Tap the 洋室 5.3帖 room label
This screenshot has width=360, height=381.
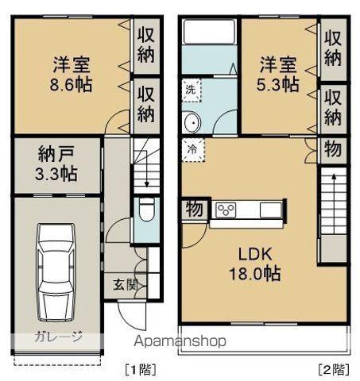278,71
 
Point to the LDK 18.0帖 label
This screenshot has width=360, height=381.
257,264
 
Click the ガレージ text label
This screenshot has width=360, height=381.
58,337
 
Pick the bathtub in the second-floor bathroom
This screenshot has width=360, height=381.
209,33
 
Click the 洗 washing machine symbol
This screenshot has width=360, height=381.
191,90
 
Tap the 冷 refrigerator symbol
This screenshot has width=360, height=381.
191,147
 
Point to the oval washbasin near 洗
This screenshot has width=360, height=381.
191,122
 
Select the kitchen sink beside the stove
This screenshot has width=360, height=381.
270,210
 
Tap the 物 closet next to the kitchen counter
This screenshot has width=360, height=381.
193,209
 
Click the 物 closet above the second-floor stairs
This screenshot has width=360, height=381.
334,148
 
